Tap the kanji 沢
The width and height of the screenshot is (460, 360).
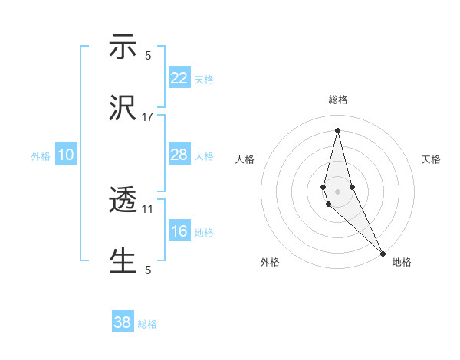click(123, 109)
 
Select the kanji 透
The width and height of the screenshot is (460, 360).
click(123, 201)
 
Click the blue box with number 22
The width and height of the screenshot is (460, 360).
click(179, 77)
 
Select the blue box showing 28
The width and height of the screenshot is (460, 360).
click(179, 155)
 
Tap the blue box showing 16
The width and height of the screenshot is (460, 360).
click(179, 231)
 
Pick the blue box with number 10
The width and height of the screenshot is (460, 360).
click(66, 155)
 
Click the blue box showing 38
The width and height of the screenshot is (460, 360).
click(123, 322)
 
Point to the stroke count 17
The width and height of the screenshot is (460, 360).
click(148, 116)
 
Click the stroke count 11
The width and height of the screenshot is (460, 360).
click(148, 208)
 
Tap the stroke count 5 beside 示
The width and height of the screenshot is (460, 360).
click(148, 55)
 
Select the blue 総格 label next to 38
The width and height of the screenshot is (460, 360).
click(147, 324)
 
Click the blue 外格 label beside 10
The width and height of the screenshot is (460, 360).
click(41, 156)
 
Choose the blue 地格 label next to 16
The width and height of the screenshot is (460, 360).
click(204, 233)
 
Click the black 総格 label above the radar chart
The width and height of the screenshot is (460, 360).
click(337, 100)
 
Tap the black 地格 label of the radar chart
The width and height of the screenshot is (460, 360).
click(402, 262)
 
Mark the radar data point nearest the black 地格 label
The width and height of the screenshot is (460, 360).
click(383, 253)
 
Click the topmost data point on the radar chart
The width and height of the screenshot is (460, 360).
click(337, 130)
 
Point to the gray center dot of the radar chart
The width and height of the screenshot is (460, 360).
click(337, 191)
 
